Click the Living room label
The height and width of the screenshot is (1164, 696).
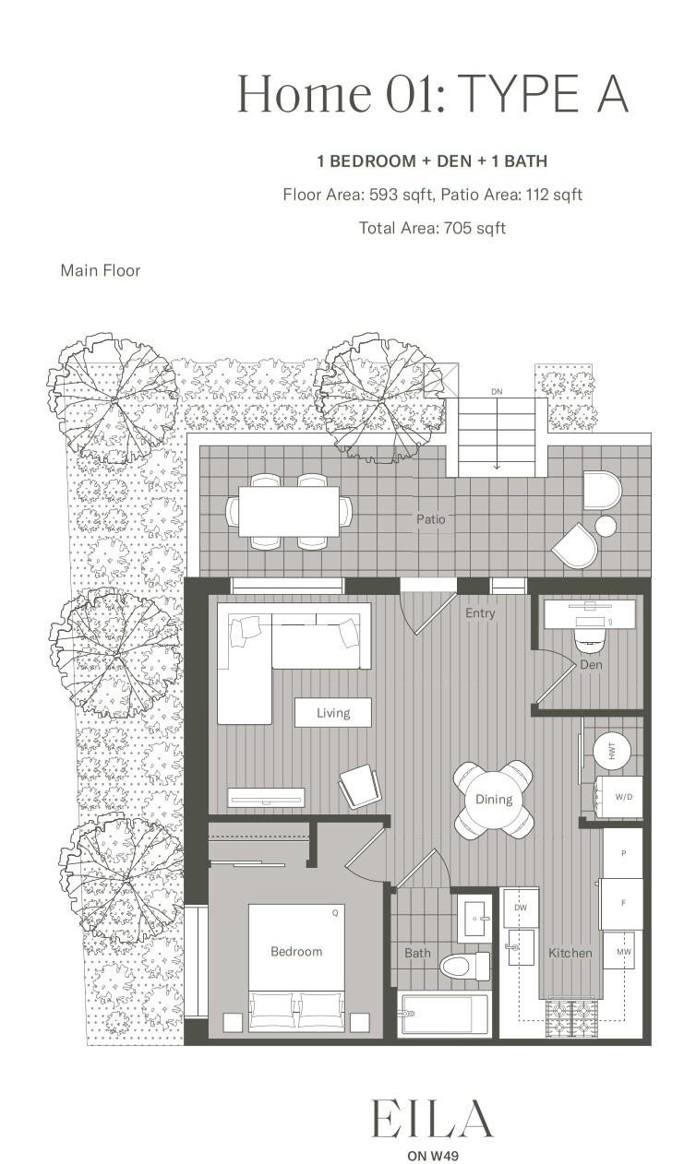(333, 712)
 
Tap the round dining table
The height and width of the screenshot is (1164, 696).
(494, 800)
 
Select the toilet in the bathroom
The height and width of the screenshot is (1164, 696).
(466, 966)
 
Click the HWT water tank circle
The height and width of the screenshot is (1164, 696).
(611, 752)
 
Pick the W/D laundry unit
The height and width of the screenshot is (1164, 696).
(619, 796)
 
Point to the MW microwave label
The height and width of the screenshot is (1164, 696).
(623, 950)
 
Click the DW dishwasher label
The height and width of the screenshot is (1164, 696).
(521, 909)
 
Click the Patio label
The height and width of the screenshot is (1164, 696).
(430, 519)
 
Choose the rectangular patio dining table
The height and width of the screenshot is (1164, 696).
(289, 511)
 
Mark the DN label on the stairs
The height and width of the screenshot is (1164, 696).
(497, 392)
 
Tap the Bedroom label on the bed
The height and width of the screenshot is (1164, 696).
(296, 951)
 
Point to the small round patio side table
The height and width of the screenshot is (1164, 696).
(606, 526)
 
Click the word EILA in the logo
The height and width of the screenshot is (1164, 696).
(432, 1120)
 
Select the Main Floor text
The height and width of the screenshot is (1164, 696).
(101, 270)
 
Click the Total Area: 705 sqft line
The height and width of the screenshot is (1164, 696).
(432, 228)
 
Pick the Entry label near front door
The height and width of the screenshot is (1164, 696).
(480, 612)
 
